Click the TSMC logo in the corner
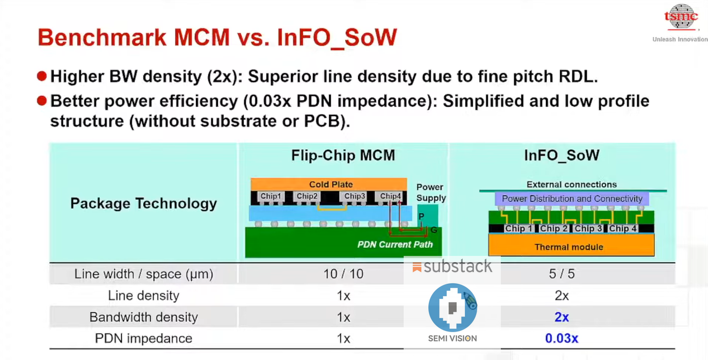[x=681, y=17]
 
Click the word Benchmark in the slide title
[x=102, y=38]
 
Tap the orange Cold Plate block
[x=329, y=184]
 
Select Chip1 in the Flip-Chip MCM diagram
[x=271, y=196]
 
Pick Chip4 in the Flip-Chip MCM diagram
[x=390, y=196]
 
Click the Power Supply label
[x=430, y=192]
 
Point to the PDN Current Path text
[x=395, y=245]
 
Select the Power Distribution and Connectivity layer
[x=572, y=199]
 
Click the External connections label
[x=572, y=184]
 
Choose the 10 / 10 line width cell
[x=343, y=274]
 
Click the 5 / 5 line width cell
[x=561, y=274]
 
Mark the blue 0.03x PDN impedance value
[x=561, y=338]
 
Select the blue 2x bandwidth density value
[x=561, y=317]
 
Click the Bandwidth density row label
[x=143, y=317]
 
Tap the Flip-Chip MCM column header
[x=343, y=156]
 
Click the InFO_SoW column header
[x=561, y=156]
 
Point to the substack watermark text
[x=457, y=267]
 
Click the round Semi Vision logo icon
[x=452, y=307]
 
